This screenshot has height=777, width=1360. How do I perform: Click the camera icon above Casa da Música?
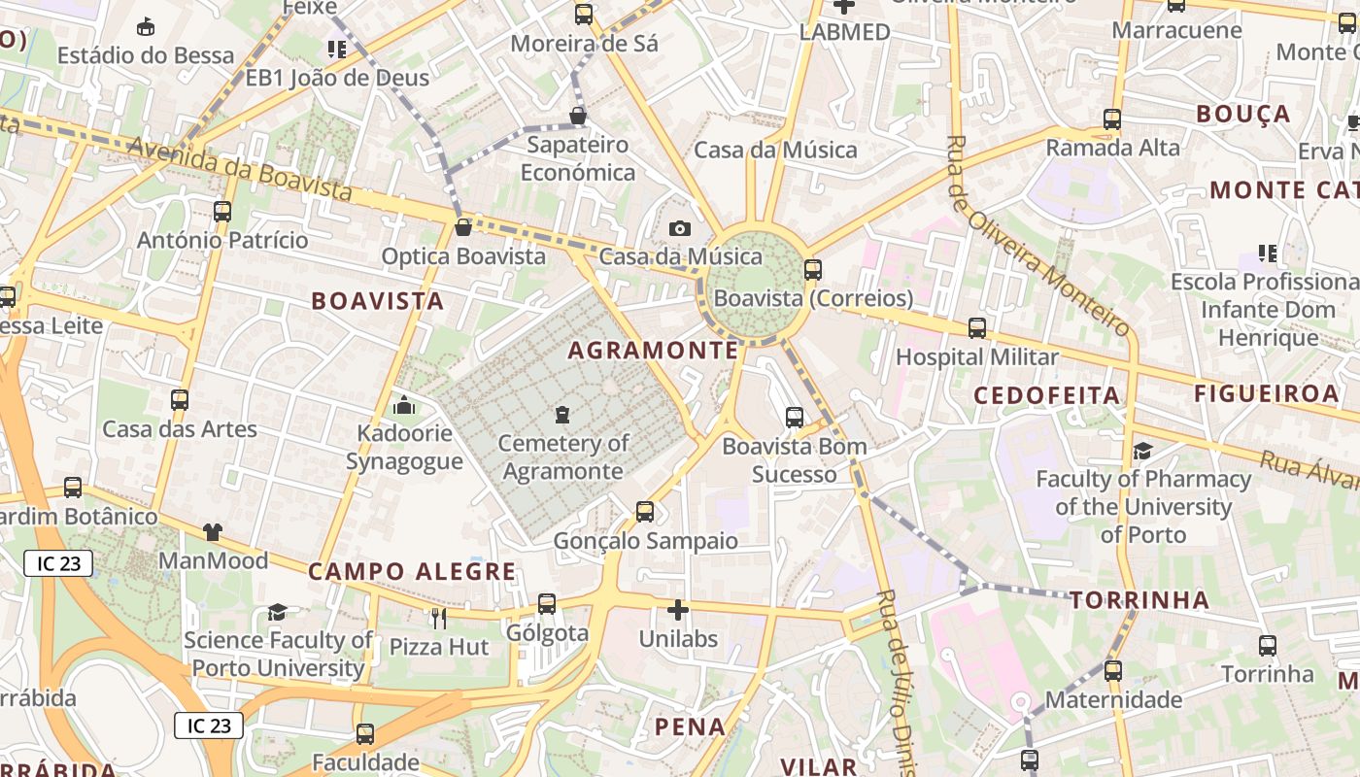680,228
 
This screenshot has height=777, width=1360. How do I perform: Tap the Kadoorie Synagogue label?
404,447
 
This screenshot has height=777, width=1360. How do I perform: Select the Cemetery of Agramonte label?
563,457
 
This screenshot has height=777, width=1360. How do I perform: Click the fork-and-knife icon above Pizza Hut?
439,618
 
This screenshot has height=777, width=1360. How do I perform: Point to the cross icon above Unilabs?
678,610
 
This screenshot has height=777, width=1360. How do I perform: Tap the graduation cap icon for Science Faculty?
278,612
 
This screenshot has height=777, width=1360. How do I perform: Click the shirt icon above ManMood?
213,532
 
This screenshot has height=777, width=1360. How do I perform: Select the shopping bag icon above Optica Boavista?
463,227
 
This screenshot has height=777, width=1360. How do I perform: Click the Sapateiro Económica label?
577,158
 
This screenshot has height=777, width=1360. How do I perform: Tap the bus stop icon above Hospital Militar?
977,328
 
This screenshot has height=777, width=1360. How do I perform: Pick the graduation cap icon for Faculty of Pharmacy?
1142,451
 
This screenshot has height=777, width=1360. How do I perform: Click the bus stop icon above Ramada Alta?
1112,119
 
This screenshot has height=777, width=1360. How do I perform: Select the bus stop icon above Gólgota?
547,604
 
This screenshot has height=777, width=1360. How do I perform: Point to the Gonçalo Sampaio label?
645,541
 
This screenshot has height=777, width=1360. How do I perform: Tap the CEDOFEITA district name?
1047,395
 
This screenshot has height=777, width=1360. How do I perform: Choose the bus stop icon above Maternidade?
1113,671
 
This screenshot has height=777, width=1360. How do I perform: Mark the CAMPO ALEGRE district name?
412,571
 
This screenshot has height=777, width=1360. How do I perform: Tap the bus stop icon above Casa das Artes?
180,400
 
